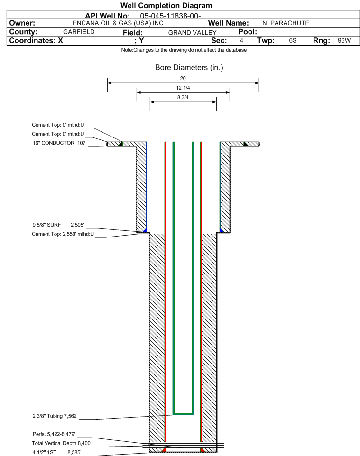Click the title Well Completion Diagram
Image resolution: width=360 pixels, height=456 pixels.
166,6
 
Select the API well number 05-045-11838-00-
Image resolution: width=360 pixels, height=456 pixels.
170,16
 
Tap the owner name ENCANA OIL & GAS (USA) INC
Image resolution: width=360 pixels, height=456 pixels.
118,23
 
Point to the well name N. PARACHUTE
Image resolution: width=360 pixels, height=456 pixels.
286,23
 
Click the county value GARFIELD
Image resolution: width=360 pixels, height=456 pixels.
79,32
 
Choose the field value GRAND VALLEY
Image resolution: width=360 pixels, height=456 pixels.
193,33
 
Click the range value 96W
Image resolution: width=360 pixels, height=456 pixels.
344,40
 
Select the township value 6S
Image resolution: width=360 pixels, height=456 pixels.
293,40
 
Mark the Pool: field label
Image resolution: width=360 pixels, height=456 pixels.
248,32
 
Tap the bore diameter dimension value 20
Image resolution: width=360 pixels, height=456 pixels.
183,78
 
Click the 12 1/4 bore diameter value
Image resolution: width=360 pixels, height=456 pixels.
183,88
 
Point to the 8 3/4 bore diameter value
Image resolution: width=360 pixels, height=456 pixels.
183,98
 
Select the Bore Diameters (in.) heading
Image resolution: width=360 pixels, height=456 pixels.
189,68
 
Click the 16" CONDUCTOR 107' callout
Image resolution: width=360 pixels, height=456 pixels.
59,143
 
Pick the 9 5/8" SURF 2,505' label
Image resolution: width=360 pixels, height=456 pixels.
58,225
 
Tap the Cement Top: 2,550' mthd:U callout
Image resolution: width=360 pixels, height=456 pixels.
63,234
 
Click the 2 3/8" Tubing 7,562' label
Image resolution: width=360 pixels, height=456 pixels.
55,416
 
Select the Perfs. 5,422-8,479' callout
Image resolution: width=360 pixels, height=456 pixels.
54,434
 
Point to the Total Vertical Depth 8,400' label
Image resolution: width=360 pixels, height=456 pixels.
62,444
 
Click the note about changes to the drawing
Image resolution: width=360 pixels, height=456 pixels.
184,50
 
